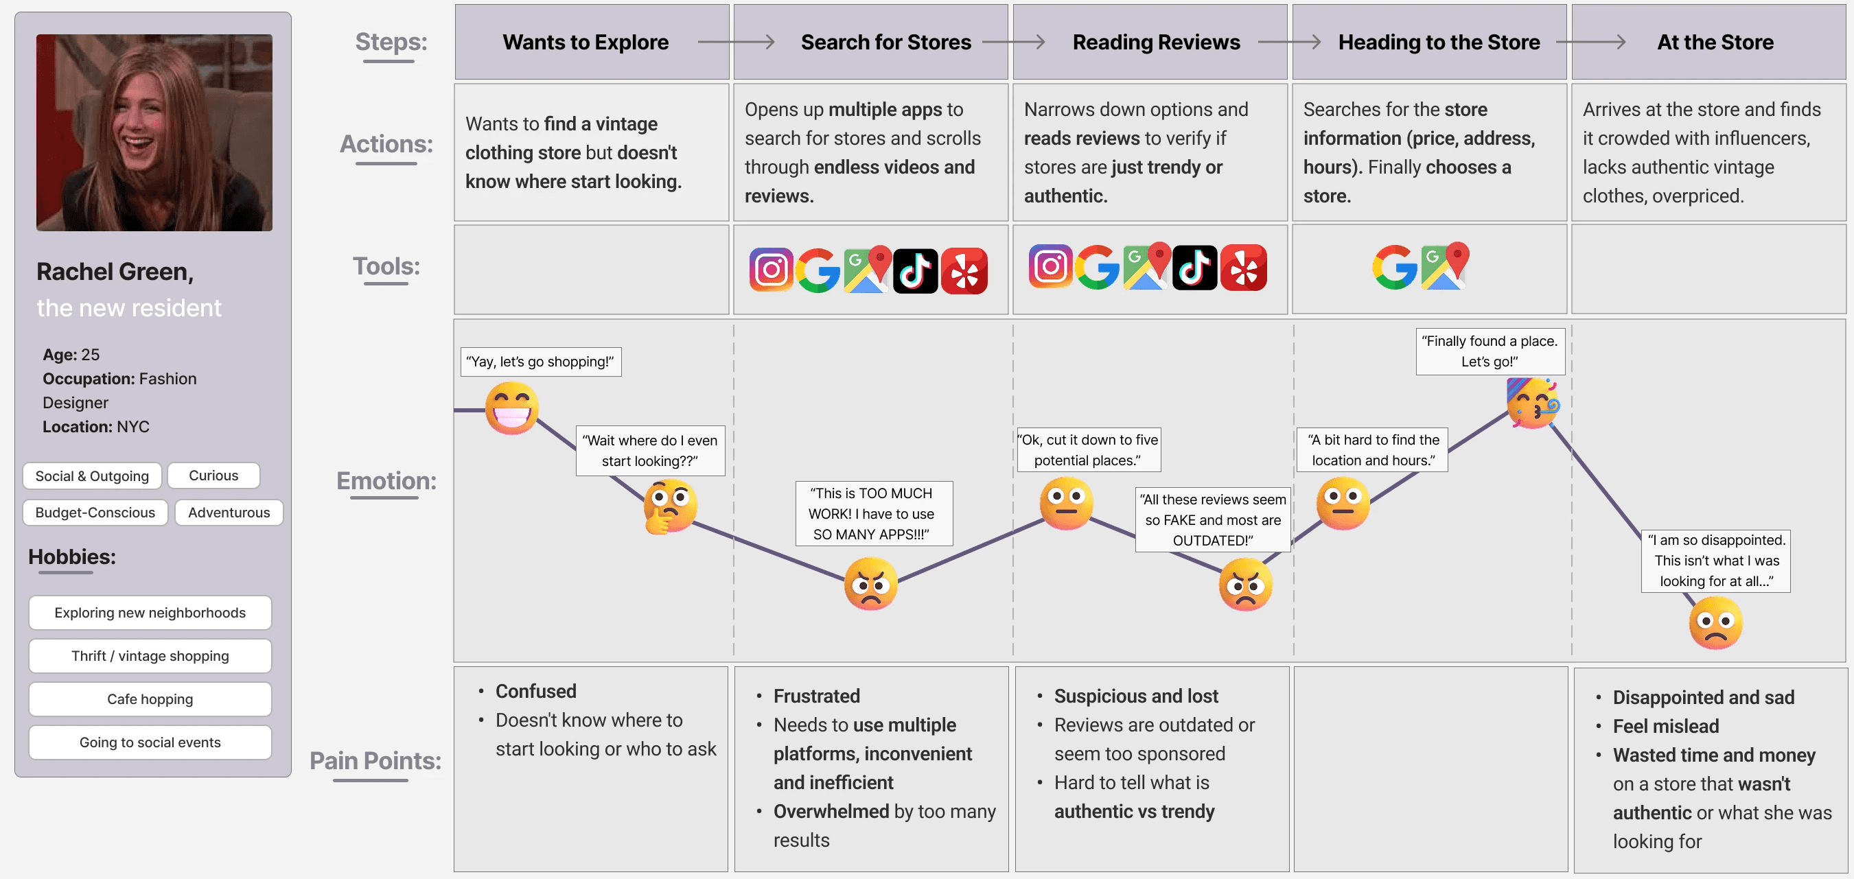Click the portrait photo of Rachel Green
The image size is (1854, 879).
pos(154,132)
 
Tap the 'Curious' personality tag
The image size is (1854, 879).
pos(213,476)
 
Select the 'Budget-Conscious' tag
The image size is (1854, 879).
pos(95,512)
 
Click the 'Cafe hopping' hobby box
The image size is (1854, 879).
pos(150,699)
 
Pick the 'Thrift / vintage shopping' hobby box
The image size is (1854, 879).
pos(150,656)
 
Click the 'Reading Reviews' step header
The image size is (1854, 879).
pos(1156,43)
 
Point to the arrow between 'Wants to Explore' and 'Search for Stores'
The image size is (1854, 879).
pos(736,43)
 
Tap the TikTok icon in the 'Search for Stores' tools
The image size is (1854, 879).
pos(915,271)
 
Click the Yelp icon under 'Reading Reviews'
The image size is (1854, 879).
pos(1244,268)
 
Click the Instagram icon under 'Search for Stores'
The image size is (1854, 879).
pos(771,270)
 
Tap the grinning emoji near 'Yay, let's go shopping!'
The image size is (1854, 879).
pos(512,408)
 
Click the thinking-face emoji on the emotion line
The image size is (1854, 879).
pos(669,506)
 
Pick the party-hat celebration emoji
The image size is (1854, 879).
pos(1533,403)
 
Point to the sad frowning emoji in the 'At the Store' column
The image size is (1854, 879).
pos(1715,623)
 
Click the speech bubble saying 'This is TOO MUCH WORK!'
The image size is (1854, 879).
pos(874,513)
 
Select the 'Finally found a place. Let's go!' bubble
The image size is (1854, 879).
pos(1489,352)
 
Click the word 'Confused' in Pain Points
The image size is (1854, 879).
pos(535,691)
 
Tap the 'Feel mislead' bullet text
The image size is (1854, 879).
pos(1665,727)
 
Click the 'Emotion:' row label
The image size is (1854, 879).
pos(386,480)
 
